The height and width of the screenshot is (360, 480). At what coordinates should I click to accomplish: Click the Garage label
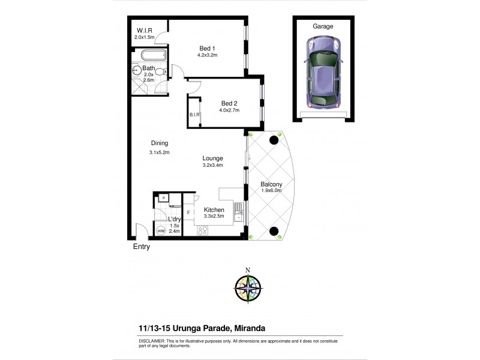pos(323,26)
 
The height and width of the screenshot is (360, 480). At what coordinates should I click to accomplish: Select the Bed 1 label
pos(207,49)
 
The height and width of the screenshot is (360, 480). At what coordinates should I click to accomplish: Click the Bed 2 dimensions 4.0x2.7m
pos(229,110)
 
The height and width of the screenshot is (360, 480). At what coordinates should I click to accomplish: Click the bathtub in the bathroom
pos(148,58)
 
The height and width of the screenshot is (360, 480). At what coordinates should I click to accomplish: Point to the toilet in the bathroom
pos(160,71)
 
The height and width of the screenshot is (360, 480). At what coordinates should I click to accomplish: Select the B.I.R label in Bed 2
pos(194,114)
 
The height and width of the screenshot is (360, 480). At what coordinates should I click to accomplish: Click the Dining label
pos(159,143)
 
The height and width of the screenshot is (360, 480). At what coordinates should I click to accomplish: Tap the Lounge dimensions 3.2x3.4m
pos(213,166)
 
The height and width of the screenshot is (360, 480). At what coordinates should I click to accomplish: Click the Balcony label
pos(272,184)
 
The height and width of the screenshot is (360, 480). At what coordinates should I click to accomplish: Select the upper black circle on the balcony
pos(274,140)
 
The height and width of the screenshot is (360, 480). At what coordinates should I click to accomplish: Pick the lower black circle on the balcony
pos(274,231)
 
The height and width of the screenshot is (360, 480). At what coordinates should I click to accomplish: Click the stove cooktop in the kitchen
pos(203,230)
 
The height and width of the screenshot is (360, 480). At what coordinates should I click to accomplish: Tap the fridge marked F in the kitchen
pos(189,212)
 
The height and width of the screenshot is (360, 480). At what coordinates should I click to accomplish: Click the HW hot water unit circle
pos(161,231)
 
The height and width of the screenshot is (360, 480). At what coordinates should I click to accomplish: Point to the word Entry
pos(141,247)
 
